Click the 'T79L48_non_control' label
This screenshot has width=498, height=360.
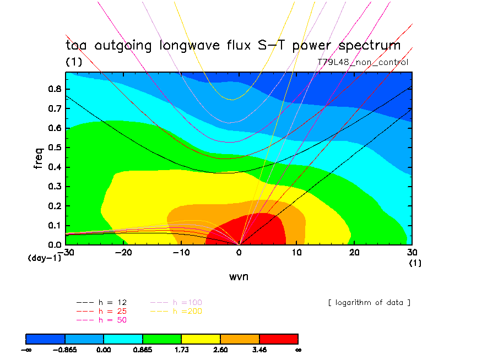click(363, 62)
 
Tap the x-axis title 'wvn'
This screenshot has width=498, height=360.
click(239, 276)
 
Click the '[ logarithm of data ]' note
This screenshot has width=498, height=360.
click(369, 303)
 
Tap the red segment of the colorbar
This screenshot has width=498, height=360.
click(278, 338)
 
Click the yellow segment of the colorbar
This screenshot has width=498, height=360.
click(201, 338)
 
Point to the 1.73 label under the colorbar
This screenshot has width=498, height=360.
click(181, 350)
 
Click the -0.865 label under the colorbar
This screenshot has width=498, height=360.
click(65, 350)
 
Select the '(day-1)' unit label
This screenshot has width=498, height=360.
click(44, 258)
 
